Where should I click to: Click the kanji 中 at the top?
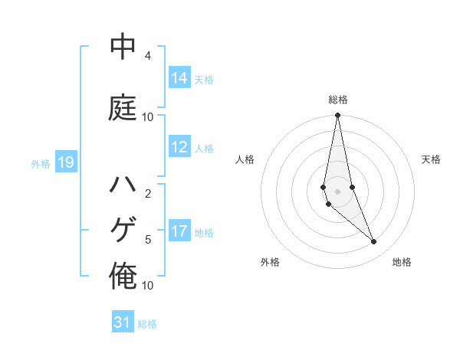123,48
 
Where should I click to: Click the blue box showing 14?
179,78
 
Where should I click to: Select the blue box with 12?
179,148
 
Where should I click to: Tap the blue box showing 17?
179,232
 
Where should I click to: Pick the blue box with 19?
66,162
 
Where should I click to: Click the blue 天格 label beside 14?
204,79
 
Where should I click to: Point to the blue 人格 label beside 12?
204,149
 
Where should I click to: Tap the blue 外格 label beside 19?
41,163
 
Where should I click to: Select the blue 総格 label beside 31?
147,324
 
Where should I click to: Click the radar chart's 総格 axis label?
338,100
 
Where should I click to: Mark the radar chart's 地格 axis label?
402,262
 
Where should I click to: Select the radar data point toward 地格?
374,242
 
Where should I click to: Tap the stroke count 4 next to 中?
148,56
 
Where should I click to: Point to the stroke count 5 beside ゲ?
148,240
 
